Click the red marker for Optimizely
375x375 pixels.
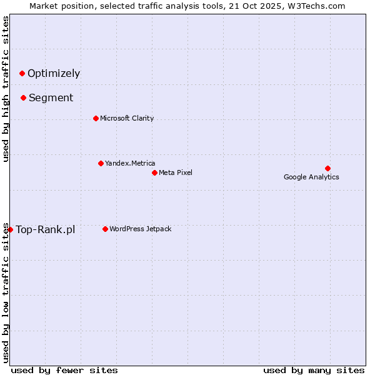22,73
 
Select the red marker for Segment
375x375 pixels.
23,97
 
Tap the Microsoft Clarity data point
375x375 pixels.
96,118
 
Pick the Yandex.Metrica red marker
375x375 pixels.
101,163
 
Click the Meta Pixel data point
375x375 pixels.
154,172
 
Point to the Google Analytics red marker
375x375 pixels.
327,168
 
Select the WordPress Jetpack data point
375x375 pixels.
105,229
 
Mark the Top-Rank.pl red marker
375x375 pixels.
10,229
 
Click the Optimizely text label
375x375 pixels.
54,74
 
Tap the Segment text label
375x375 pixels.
51,98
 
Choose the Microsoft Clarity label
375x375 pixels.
127,118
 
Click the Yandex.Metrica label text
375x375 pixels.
130,163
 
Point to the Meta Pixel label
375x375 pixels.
176,172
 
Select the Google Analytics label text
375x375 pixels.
311,177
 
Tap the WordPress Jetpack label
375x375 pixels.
140,229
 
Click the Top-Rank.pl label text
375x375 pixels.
45,229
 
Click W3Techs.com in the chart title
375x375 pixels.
319,6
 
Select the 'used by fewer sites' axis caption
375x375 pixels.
64,370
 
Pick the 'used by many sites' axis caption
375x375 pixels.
314,370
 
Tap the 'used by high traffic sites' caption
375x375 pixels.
6,89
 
